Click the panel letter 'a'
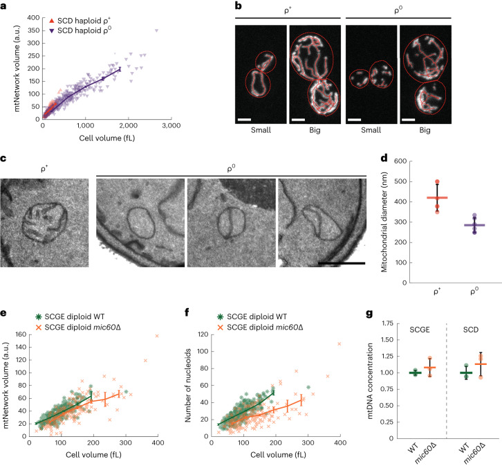coord(3,6)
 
